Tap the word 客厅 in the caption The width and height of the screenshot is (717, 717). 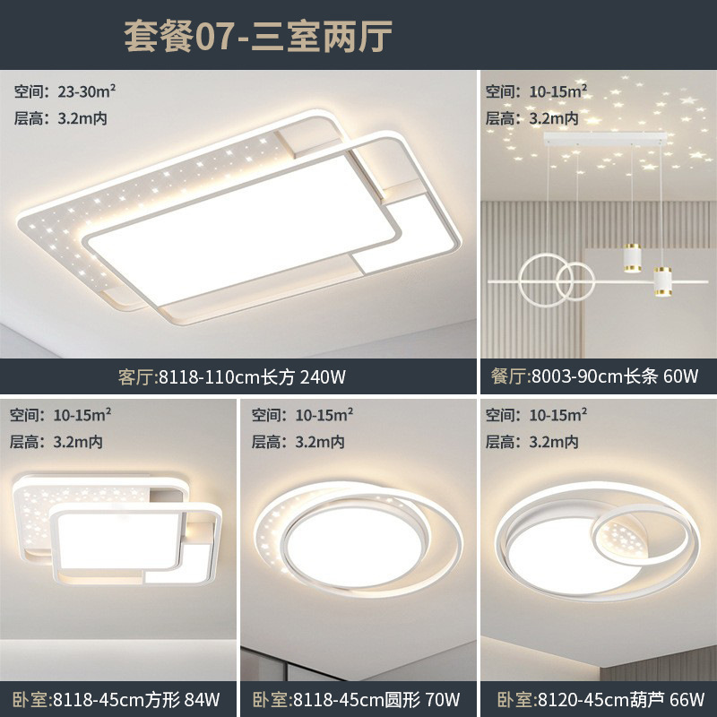137,376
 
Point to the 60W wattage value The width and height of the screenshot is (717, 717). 680,376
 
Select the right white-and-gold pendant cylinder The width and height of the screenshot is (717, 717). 663,280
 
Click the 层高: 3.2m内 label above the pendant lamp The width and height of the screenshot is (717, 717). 531,118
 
